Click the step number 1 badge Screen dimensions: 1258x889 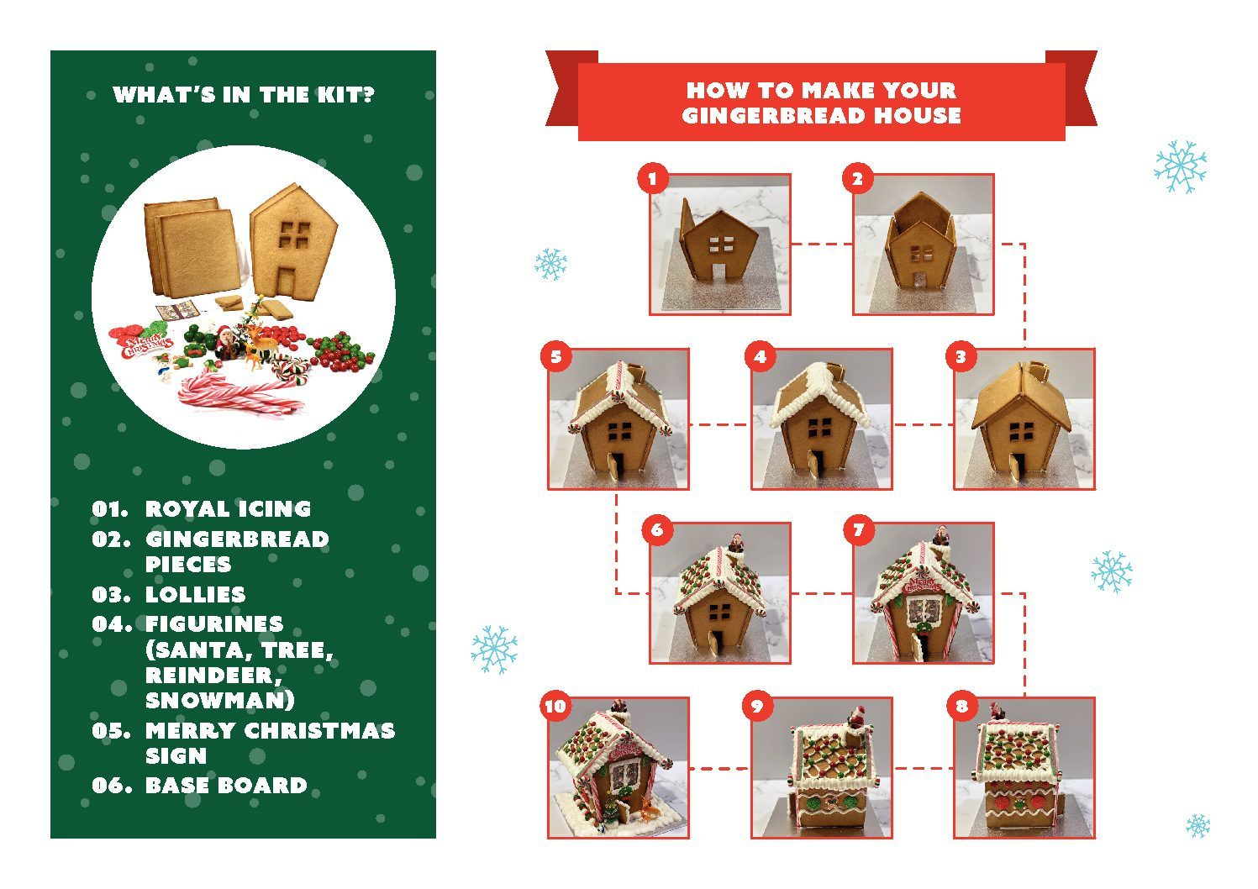coord(652,179)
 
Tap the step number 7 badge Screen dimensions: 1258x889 coord(859,529)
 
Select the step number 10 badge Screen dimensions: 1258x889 coord(556,705)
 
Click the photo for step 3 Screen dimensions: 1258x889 coord(1024,419)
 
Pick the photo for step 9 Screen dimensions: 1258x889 coord(822,768)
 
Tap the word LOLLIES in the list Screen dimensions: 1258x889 coord(196,594)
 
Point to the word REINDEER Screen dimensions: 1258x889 coord(213,676)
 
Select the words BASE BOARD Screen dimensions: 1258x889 coord(226,785)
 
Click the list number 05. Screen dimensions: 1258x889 coord(111,731)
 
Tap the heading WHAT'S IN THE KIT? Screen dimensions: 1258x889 coord(243,94)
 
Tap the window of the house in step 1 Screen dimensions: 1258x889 coord(721,245)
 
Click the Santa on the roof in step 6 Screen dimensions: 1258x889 coord(735,542)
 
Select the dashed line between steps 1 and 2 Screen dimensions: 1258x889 coord(822,245)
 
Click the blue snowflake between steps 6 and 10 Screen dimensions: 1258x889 coord(494,650)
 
